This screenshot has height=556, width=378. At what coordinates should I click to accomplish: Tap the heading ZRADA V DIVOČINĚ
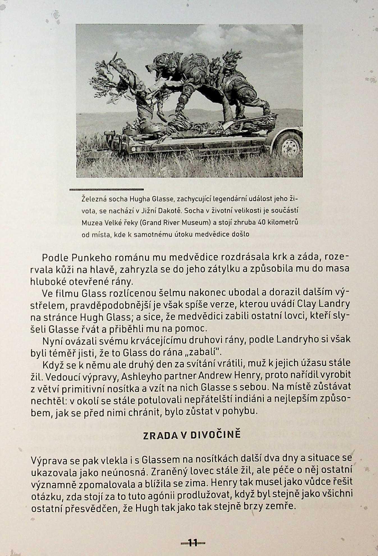(x=192, y=435)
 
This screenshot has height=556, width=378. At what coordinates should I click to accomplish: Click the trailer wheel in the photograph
(x=289, y=148)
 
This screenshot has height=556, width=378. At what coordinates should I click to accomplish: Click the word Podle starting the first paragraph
(x=55, y=257)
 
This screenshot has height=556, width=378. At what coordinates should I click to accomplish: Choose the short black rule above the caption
(x=106, y=189)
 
